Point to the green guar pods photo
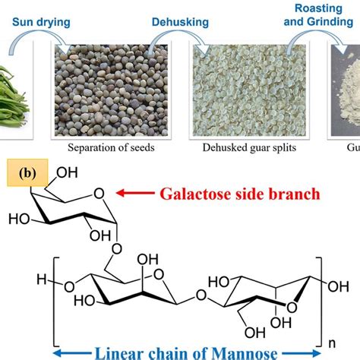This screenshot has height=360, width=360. [17, 85]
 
